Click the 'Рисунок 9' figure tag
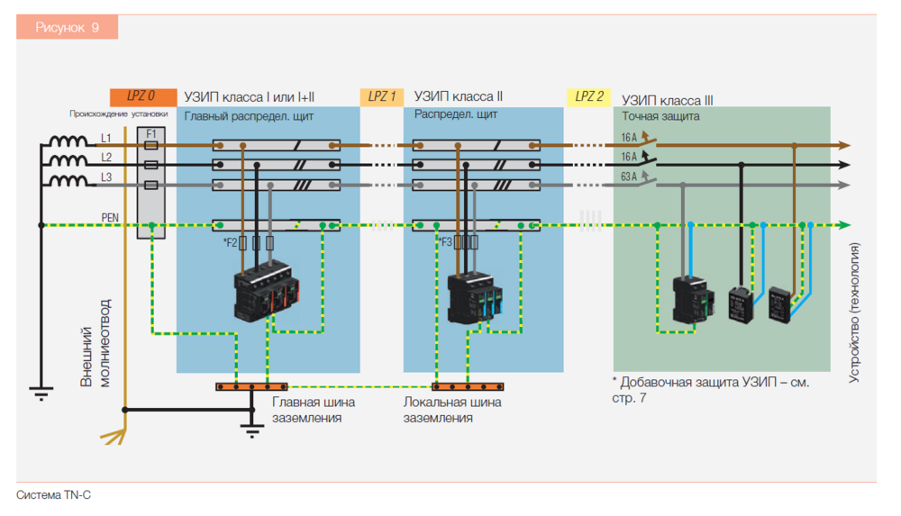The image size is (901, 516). [67, 28]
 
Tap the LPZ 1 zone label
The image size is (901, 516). [382, 96]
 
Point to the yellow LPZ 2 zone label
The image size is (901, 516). [589, 96]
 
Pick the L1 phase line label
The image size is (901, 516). [105, 139]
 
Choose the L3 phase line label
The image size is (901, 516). [105, 178]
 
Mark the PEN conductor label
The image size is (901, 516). [109, 217]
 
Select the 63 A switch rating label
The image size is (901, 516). [628, 177]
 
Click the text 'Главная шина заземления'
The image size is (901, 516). [313, 410]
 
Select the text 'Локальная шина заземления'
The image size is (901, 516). [451, 410]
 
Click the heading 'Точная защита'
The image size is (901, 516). [660, 116]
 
